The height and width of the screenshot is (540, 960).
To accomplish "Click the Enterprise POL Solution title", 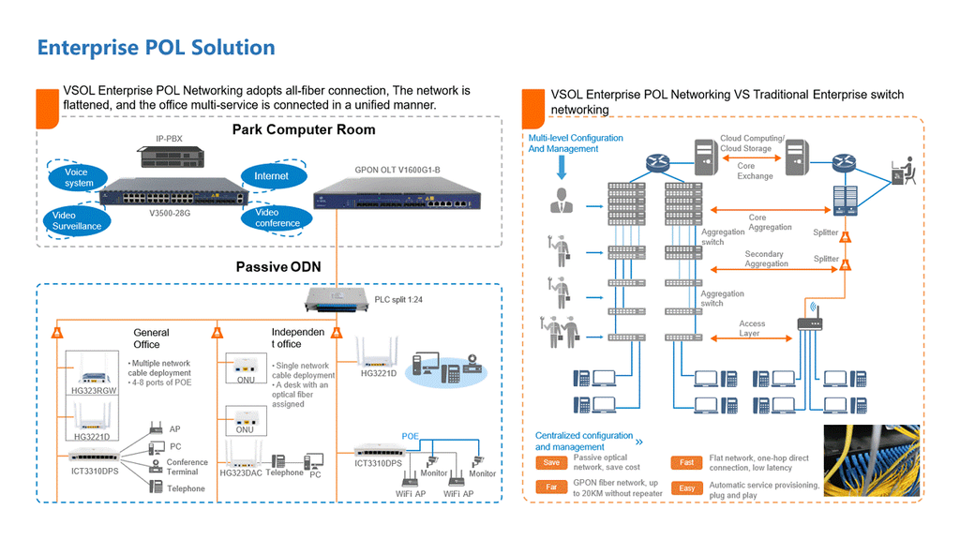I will [x=156, y=48].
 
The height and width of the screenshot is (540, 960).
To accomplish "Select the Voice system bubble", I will [x=79, y=177].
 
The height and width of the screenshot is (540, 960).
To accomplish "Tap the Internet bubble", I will [x=271, y=176].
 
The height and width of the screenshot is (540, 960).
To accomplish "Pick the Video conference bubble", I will [x=277, y=217].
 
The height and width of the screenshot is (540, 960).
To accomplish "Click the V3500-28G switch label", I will [x=172, y=214].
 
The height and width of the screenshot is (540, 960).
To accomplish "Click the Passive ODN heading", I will [x=277, y=267].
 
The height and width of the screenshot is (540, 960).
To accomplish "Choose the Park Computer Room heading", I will [x=304, y=130].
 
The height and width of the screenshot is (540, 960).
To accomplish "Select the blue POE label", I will [x=411, y=436].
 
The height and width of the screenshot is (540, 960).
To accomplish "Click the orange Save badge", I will [x=551, y=462].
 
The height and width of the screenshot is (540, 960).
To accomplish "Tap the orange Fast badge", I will [x=686, y=462].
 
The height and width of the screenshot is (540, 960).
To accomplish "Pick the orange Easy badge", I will [x=686, y=488].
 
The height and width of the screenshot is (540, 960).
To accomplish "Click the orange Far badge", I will [x=551, y=487].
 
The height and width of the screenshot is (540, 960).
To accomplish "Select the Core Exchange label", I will [x=755, y=172].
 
